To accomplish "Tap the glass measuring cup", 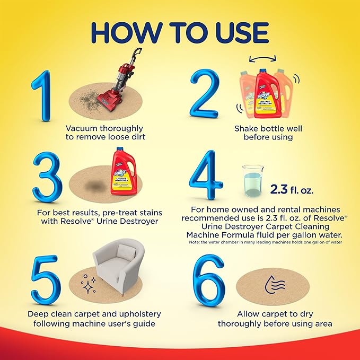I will click(x=251, y=181).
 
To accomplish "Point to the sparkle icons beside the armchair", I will click(x=88, y=285).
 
